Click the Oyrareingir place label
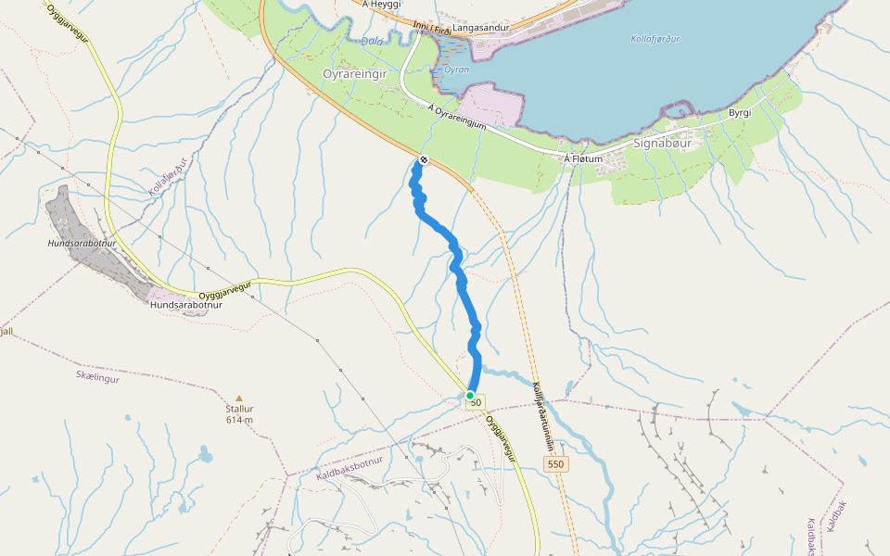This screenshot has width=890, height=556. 354,73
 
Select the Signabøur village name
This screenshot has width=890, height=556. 663,144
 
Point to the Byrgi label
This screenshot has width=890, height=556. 739,112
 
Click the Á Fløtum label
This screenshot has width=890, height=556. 583,159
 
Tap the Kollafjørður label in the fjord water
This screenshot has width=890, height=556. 654,39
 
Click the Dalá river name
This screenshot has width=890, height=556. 373,42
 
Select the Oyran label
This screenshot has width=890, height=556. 456,69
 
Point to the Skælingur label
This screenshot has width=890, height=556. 97,377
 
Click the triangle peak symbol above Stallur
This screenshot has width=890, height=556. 239,398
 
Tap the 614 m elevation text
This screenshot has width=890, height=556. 239,420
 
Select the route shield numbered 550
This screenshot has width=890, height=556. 555,463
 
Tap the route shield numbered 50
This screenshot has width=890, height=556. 475,402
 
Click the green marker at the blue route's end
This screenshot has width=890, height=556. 470,396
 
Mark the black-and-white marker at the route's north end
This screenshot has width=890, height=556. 424,160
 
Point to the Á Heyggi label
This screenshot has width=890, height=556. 381,5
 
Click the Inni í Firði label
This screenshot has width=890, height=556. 432,31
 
